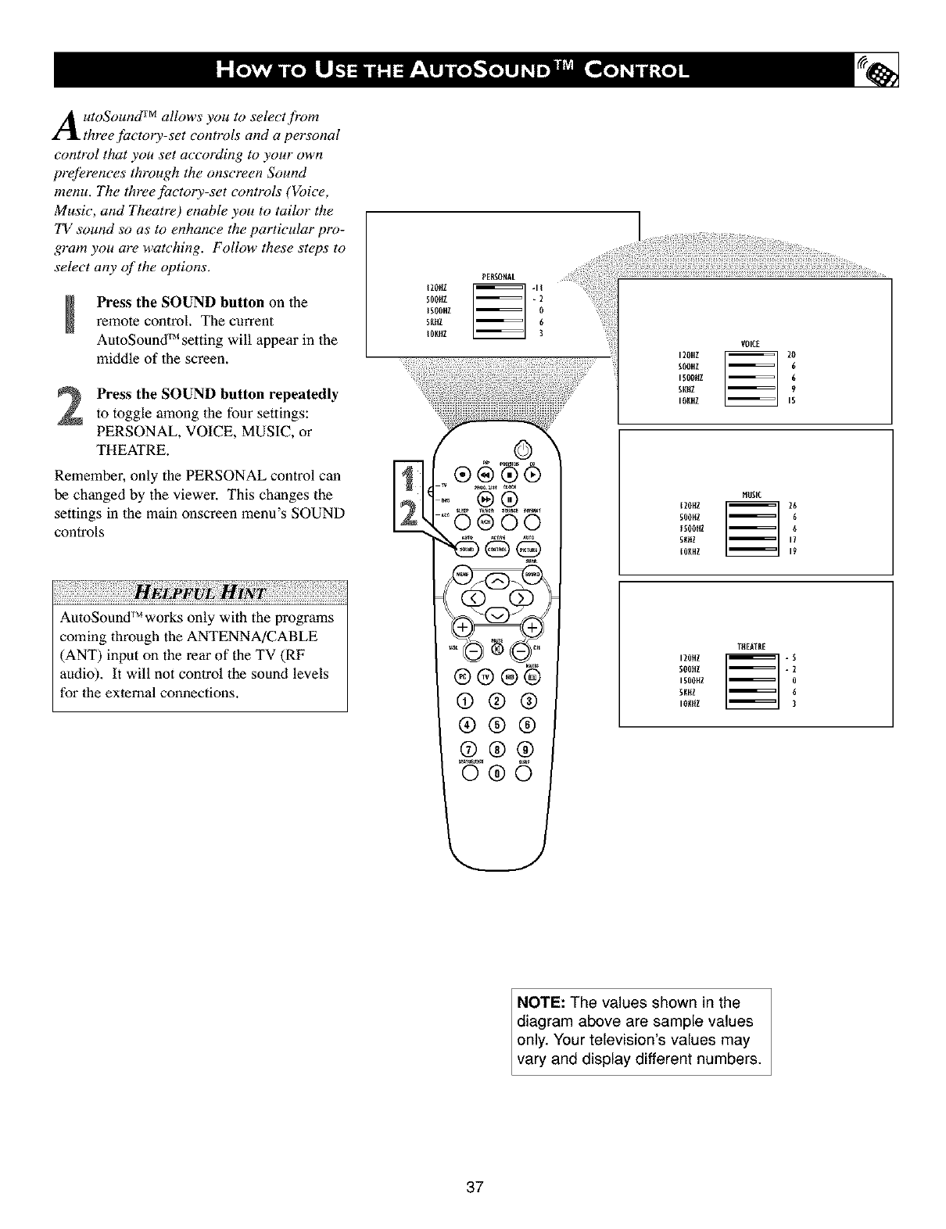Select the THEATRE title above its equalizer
pyautogui.click(x=750, y=645)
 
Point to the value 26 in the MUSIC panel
pyautogui.click(x=792, y=504)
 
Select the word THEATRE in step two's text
pyautogui.click(x=126, y=451)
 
